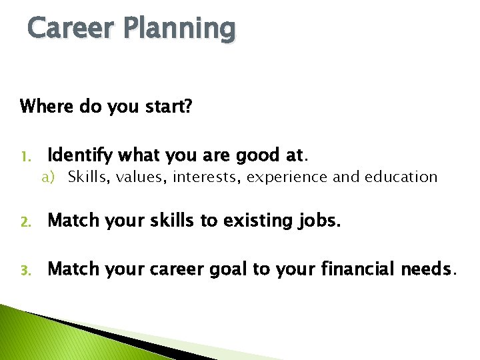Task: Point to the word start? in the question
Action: click(x=167, y=107)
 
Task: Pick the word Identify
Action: click(x=79, y=156)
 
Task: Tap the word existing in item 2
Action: click(x=249, y=221)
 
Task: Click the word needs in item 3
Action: click(x=426, y=269)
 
